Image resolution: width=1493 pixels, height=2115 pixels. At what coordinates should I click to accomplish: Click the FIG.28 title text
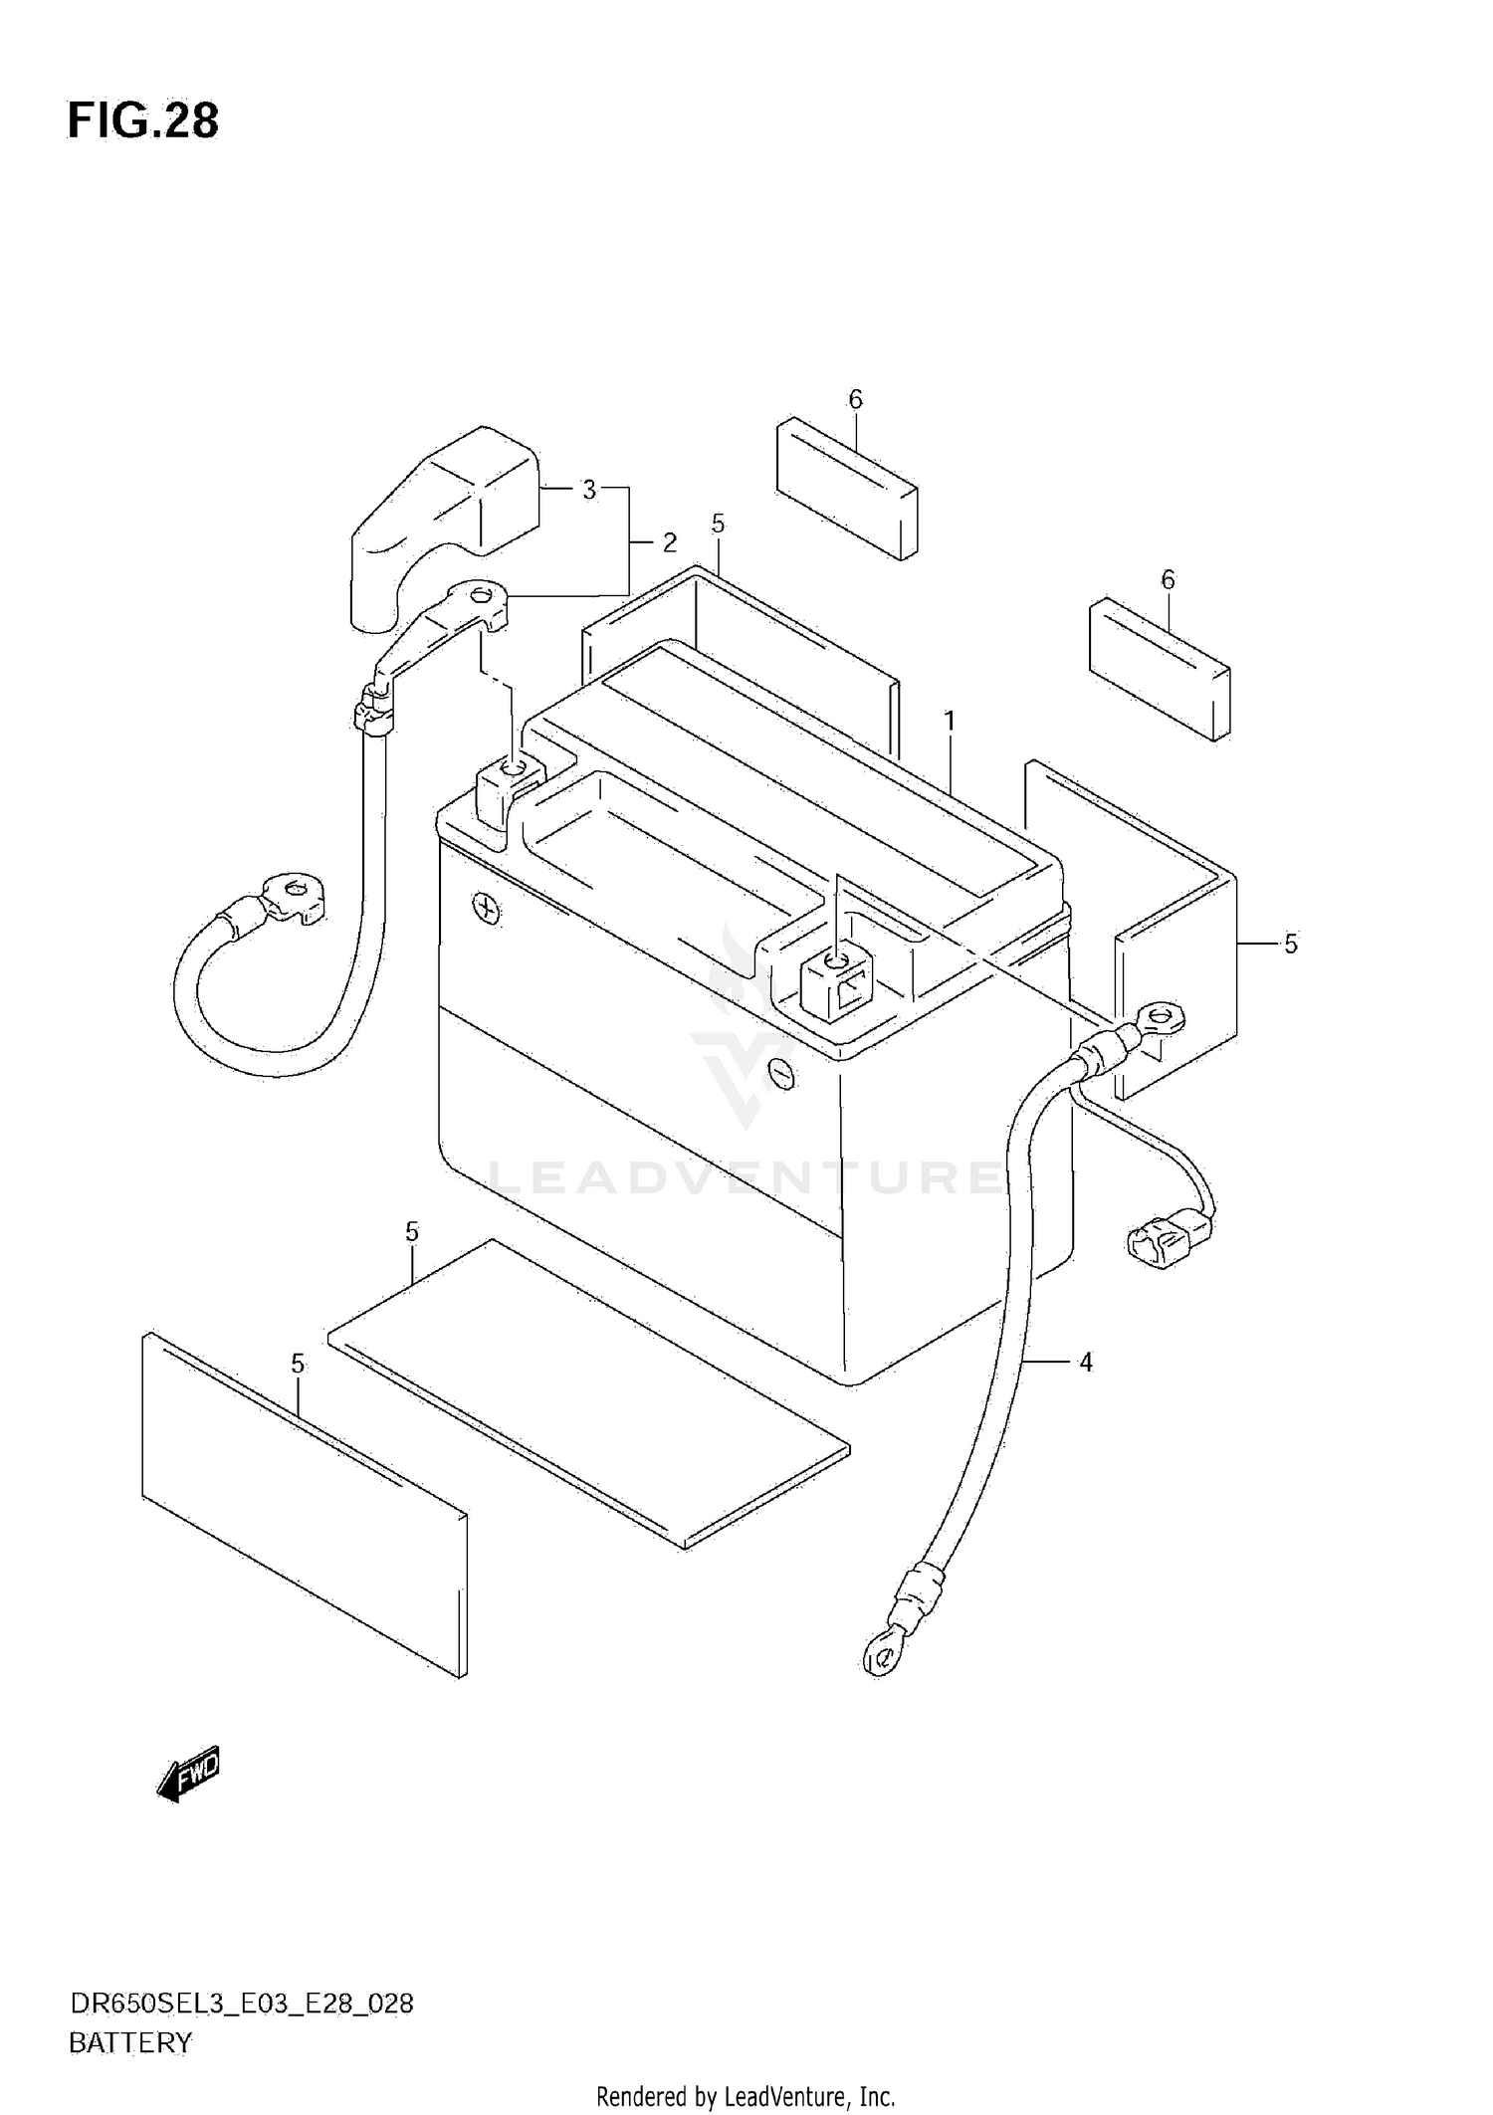(x=143, y=120)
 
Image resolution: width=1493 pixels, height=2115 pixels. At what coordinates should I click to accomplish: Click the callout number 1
(x=950, y=720)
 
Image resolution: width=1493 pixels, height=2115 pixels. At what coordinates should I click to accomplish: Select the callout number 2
(x=670, y=542)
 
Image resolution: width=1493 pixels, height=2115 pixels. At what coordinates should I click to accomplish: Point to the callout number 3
(x=589, y=490)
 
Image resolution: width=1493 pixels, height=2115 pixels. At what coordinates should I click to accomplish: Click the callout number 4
(x=1086, y=1362)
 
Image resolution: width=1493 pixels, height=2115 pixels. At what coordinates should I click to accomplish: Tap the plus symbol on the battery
(x=487, y=909)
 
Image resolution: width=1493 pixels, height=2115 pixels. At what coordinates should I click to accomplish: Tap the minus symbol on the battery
(x=783, y=1074)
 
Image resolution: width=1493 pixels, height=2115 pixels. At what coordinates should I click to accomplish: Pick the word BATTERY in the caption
(x=130, y=2043)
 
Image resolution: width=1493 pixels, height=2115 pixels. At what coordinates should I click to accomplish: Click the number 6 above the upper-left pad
(x=855, y=399)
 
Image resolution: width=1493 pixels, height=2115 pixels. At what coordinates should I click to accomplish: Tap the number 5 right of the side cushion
(x=1291, y=944)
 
